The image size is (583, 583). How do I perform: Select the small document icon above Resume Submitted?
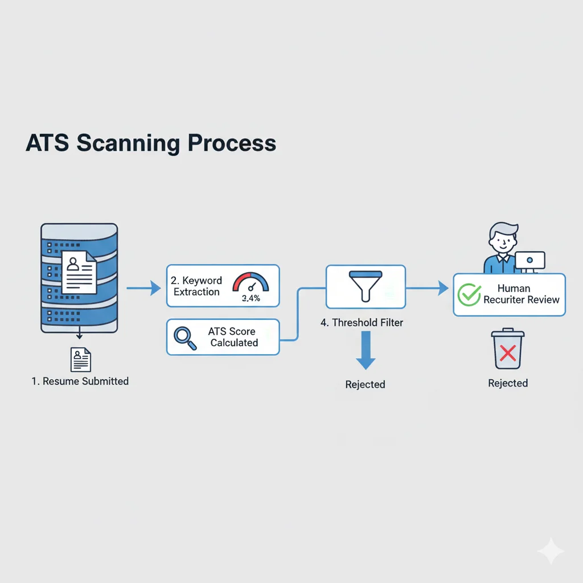pyautogui.click(x=81, y=360)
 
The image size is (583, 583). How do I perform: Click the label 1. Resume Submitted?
pyautogui.click(x=80, y=381)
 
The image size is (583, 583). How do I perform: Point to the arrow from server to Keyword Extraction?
pyautogui.click(x=143, y=289)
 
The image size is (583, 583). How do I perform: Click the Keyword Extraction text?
pyautogui.click(x=196, y=286)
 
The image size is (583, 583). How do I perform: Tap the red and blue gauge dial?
pyautogui.click(x=251, y=282)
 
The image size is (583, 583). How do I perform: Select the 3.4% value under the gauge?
pyautogui.click(x=251, y=298)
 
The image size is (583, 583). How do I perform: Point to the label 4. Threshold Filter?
pyautogui.click(x=362, y=322)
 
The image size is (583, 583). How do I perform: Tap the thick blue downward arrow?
pyautogui.click(x=366, y=352)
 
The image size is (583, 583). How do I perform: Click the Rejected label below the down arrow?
pyautogui.click(x=365, y=384)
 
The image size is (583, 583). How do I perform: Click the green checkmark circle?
pyautogui.click(x=470, y=294)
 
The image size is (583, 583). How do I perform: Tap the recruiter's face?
pyautogui.click(x=502, y=241)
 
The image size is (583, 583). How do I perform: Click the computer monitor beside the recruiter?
pyautogui.click(x=530, y=261)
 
